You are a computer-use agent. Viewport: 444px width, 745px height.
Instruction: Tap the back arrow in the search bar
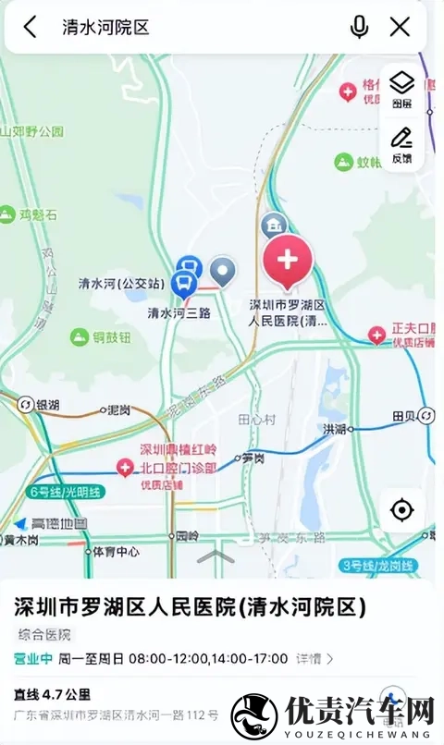(x=31, y=27)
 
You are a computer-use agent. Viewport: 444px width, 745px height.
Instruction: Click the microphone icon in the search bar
(x=359, y=27)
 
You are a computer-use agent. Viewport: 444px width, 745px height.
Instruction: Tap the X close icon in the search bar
(x=400, y=27)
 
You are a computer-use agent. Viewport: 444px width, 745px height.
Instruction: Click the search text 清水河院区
(x=105, y=27)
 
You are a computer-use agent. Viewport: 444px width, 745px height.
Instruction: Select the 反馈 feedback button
(x=401, y=145)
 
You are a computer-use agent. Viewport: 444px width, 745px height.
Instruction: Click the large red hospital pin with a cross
(x=288, y=260)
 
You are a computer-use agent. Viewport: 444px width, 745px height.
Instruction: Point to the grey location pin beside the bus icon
(x=223, y=271)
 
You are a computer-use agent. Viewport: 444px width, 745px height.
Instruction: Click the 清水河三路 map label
(x=179, y=312)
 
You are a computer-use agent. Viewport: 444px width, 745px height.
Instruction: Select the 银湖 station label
(x=46, y=406)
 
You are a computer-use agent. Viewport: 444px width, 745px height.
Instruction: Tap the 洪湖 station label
(x=334, y=429)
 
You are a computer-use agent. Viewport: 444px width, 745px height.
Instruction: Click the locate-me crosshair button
(x=401, y=509)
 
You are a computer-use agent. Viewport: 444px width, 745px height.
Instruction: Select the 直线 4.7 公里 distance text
(x=52, y=694)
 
